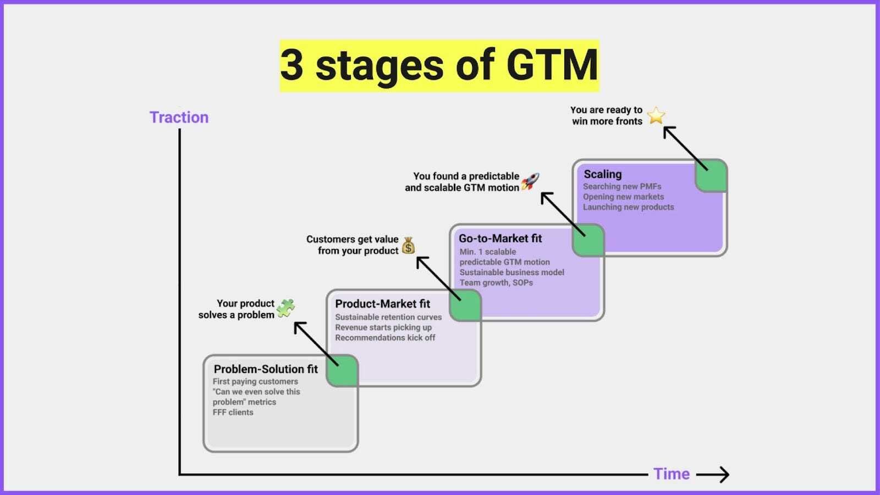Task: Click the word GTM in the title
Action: coord(552,65)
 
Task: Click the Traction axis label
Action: coord(179,117)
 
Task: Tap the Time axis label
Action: coord(671,474)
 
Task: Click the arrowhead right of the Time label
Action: coord(724,474)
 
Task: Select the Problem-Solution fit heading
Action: coord(266,369)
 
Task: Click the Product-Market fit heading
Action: coord(382,304)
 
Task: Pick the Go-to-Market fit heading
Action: coord(500,238)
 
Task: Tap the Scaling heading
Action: coord(602,174)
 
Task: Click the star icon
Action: coord(656,116)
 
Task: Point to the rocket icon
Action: coord(530,181)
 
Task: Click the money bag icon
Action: coord(408,245)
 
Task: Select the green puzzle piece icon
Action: coord(285,308)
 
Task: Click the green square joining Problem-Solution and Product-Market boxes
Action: coord(342,370)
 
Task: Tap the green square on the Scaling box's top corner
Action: coord(711,176)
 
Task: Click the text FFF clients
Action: coord(233,412)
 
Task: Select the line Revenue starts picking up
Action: coord(383,327)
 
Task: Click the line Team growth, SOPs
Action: coord(496,282)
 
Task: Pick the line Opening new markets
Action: coord(623,196)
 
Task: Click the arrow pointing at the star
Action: coord(684,147)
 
